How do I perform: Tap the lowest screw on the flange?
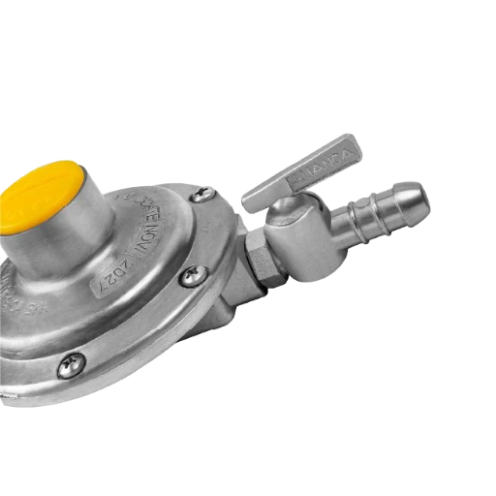(69, 365)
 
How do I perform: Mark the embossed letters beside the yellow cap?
(135, 200)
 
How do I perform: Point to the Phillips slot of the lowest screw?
(69, 365)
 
